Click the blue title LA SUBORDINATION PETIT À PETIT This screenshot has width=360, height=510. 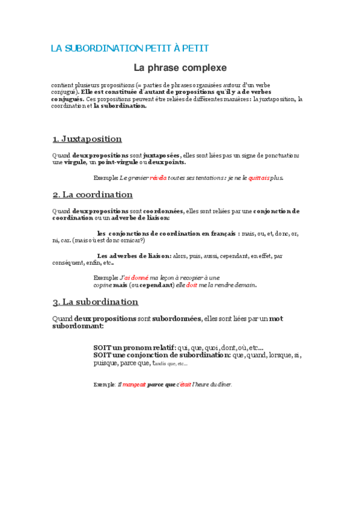click(x=129, y=48)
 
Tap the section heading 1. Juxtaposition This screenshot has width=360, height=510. click(x=87, y=139)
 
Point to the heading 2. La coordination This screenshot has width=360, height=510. click(x=93, y=195)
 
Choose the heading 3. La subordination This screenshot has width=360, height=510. click(x=95, y=301)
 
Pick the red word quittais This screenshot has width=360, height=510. click(x=259, y=178)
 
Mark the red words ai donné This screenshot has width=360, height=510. click(x=136, y=277)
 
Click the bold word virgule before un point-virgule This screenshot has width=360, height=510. click(x=75, y=162)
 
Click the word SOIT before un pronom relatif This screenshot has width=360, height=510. click(x=102, y=348)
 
